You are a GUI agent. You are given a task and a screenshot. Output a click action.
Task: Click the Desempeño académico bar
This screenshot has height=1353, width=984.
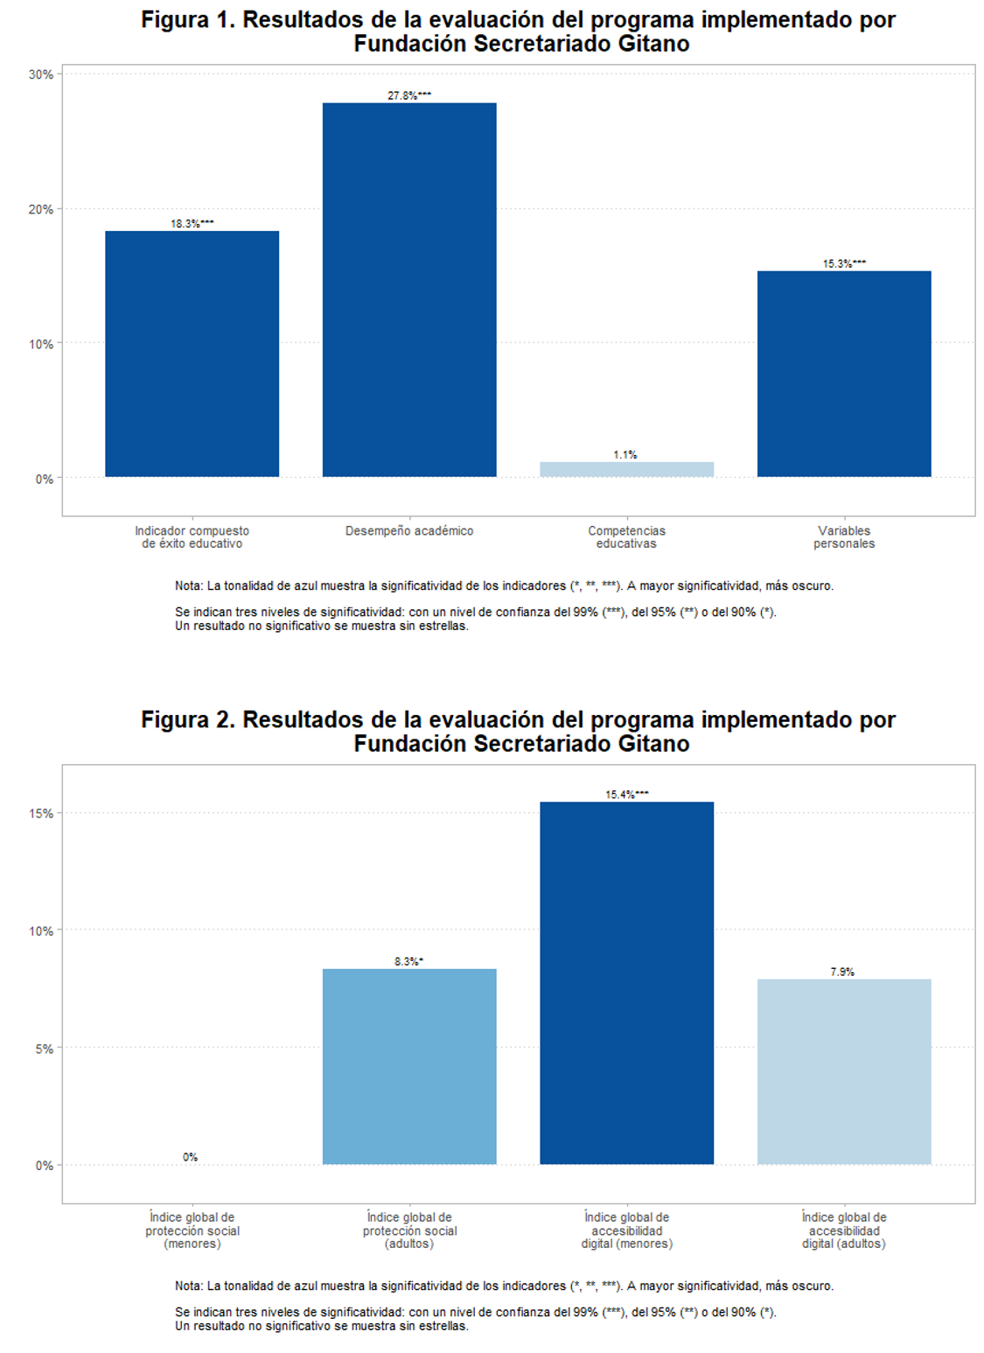[x=409, y=290]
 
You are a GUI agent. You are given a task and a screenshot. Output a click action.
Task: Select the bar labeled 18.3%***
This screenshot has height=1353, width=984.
[x=192, y=354]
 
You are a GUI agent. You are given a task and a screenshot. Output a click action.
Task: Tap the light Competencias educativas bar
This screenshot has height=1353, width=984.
[x=626, y=469]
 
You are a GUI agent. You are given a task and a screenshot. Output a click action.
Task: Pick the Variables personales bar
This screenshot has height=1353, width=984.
[x=844, y=374]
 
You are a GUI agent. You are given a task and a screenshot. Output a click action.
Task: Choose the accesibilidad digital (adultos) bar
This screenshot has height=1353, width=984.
[x=844, y=1071]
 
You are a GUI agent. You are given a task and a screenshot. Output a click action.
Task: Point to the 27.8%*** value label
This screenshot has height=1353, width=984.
[x=409, y=95]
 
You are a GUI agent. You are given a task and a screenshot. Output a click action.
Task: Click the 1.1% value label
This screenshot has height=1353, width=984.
[x=625, y=455]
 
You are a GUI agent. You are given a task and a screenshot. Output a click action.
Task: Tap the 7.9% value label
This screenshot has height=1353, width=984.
[x=842, y=971]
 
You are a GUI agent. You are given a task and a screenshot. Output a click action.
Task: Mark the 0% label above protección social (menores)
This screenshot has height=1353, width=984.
[x=191, y=1157]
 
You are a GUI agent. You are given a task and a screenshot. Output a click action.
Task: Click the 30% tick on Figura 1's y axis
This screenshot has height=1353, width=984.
[x=41, y=74]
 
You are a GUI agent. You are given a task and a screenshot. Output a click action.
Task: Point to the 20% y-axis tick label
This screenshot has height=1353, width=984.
[x=41, y=209]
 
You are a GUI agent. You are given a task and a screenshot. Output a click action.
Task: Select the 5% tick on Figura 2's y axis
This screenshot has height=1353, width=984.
[x=44, y=1048]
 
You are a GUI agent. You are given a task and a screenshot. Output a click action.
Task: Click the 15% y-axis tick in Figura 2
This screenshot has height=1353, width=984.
[x=41, y=813]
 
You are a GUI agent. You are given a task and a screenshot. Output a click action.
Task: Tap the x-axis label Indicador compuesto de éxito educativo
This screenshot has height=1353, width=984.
[x=192, y=536]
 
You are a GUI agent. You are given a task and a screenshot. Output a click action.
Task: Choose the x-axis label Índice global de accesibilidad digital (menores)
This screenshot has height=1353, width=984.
[x=626, y=1230]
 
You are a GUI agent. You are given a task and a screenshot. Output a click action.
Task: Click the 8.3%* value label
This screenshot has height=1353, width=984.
[x=408, y=962]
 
